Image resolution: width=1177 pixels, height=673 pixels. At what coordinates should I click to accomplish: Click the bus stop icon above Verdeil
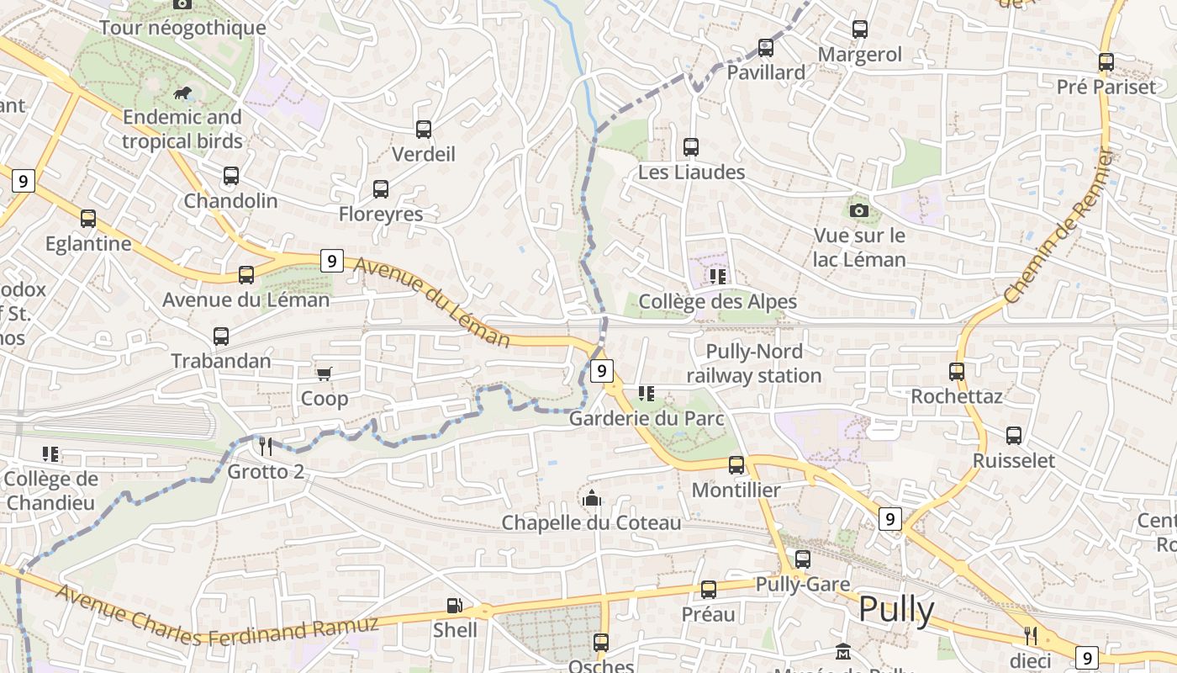[424, 130]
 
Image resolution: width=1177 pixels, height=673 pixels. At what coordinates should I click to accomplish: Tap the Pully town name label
[896, 610]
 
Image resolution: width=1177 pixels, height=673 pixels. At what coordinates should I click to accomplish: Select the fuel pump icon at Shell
[454, 605]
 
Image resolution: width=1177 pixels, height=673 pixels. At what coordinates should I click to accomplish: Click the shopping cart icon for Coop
[324, 374]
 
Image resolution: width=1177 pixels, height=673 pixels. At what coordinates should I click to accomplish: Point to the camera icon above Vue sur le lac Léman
[858, 210]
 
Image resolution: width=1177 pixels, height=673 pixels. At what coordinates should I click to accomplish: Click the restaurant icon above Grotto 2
[265, 445]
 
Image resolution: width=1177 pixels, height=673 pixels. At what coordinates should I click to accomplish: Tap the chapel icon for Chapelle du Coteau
[592, 498]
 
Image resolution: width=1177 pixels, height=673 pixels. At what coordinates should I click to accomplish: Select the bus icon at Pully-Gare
[803, 559]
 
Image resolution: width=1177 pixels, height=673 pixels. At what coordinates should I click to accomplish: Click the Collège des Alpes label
[717, 301]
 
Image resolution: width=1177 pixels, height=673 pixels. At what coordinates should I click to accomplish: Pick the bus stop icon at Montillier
[736, 464]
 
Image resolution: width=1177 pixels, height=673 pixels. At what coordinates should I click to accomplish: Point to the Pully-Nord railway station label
[754, 363]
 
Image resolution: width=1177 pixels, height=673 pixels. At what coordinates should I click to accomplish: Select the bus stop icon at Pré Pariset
[1106, 62]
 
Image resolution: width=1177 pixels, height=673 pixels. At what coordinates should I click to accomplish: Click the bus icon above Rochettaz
[957, 371]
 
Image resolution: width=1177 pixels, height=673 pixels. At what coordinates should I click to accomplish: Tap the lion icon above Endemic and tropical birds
[182, 92]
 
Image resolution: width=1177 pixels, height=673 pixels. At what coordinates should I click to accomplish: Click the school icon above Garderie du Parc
[646, 393]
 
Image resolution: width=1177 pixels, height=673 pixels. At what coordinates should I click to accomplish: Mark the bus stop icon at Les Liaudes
[691, 147]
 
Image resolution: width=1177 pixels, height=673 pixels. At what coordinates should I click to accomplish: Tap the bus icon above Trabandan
[221, 336]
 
